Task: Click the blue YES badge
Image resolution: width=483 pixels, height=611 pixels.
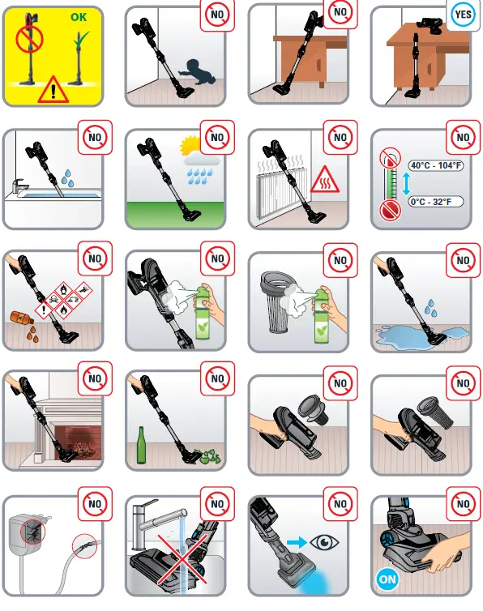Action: [462, 14]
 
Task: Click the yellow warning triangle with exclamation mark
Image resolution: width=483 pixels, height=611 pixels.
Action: [53, 88]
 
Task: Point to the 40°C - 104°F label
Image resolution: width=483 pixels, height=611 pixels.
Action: [435, 165]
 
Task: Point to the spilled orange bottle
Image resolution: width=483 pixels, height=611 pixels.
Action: [23, 322]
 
